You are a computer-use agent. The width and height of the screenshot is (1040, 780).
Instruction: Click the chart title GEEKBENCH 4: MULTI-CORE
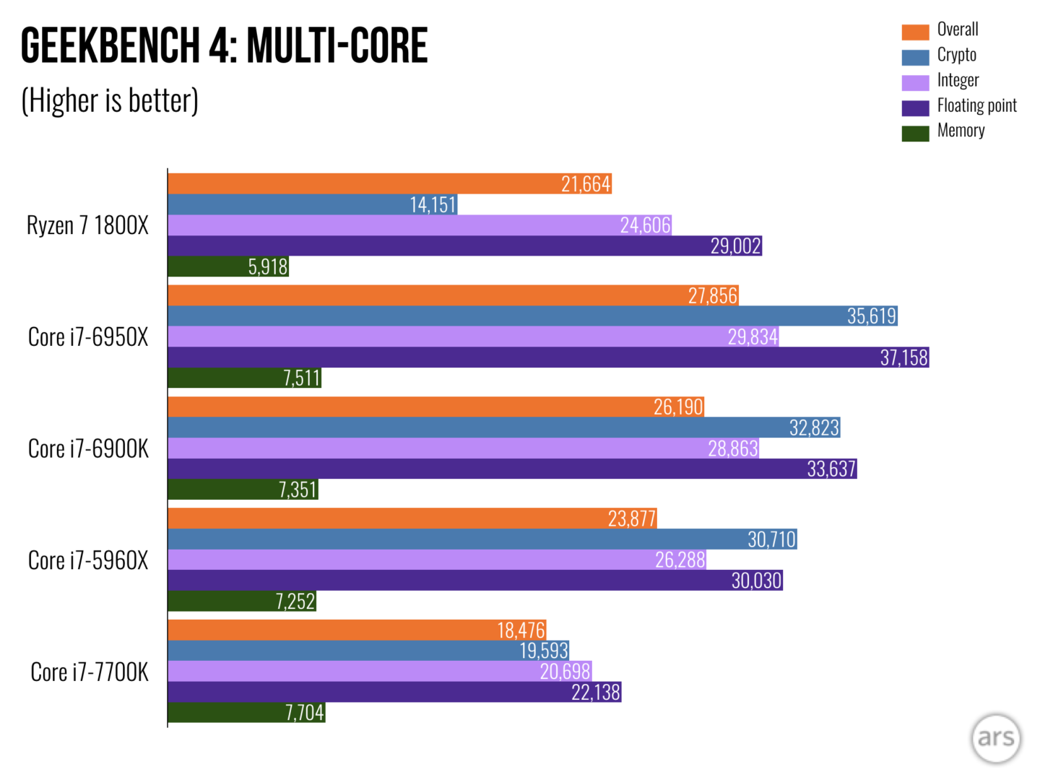click(x=224, y=45)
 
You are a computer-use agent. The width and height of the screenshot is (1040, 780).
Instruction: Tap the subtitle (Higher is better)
click(x=110, y=100)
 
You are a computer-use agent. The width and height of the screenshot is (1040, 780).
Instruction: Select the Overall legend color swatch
click(x=915, y=32)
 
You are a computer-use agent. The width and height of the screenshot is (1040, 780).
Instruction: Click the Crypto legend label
click(x=956, y=55)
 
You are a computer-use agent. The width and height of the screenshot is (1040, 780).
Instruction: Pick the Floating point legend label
click(x=976, y=105)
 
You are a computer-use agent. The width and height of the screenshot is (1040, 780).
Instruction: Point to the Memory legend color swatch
click(x=915, y=133)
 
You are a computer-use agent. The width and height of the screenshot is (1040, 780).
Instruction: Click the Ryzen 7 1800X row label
click(x=87, y=225)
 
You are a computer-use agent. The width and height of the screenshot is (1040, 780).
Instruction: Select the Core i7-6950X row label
click(x=88, y=337)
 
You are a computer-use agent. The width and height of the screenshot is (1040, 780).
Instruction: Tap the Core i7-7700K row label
click(x=90, y=672)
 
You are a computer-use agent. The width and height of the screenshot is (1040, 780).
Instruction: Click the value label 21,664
click(x=586, y=184)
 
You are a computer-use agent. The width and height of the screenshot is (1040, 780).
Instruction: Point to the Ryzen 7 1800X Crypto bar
click(x=312, y=205)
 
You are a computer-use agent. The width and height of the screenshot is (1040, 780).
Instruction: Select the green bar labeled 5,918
click(x=228, y=267)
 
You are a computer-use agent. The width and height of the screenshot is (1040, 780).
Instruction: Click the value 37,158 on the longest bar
click(x=903, y=357)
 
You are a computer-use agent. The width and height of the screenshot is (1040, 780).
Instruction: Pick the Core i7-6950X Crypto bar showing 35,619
click(x=532, y=316)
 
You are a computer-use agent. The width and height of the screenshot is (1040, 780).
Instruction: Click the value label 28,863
click(x=732, y=449)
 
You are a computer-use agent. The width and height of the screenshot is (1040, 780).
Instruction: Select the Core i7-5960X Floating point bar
click(x=474, y=581)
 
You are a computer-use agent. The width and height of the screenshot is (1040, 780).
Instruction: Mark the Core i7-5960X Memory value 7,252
click(x=295, y=602)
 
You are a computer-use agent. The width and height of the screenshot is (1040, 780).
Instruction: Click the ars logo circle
click(x=996, y=737)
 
